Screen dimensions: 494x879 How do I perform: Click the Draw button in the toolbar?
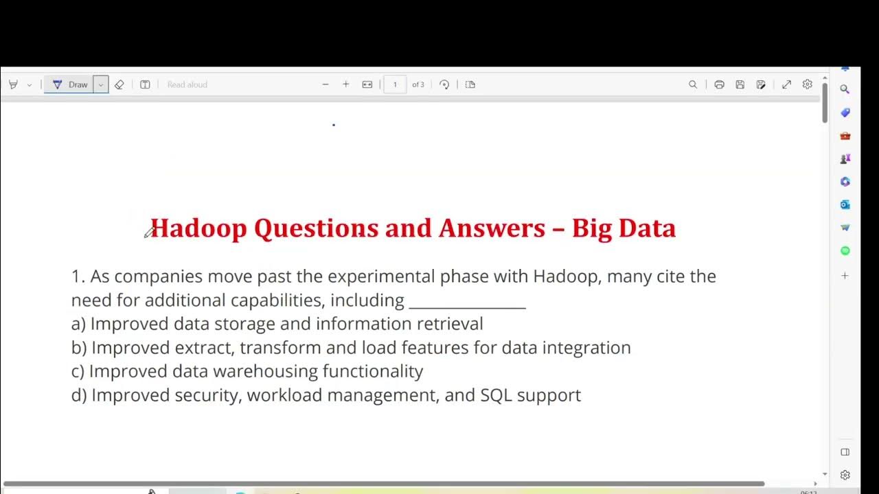point(71,84)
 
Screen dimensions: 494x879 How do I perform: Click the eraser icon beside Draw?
point(119,84)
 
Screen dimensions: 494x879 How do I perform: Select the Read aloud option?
point(187,84)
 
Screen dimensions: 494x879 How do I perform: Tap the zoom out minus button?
point(326,84)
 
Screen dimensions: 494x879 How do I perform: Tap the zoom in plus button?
point(345,84)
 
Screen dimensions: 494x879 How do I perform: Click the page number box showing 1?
point(395,84)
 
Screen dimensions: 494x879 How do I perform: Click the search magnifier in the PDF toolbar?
point(693,84)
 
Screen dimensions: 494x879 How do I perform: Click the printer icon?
point(719,84)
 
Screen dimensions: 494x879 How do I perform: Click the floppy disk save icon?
point(740,84)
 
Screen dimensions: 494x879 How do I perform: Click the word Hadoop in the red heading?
point(198,228)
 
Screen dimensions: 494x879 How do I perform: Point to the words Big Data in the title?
point(624,228)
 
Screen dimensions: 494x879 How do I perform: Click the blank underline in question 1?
point(467,301)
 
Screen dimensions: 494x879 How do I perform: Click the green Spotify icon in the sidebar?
point(845,251)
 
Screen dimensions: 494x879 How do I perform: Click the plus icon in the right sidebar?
point(845,276)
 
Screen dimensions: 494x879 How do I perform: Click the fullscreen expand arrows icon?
point(786,84)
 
